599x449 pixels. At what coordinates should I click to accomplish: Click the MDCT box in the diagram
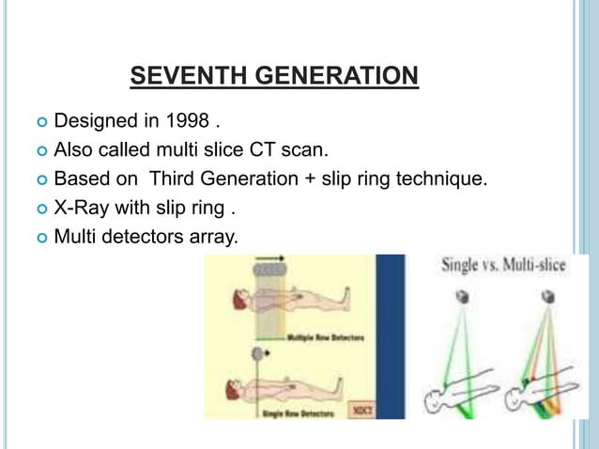coord(358,409)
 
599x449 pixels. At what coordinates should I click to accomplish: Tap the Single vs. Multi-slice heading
coord(504,267)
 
